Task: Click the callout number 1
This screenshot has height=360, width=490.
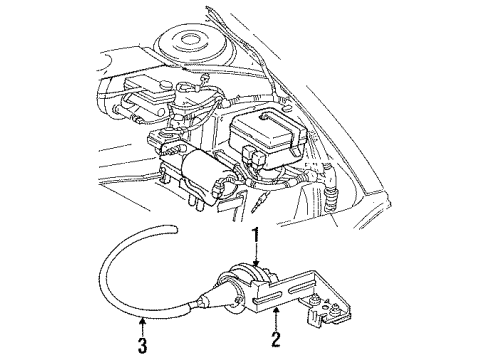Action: tap(256, 236)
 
